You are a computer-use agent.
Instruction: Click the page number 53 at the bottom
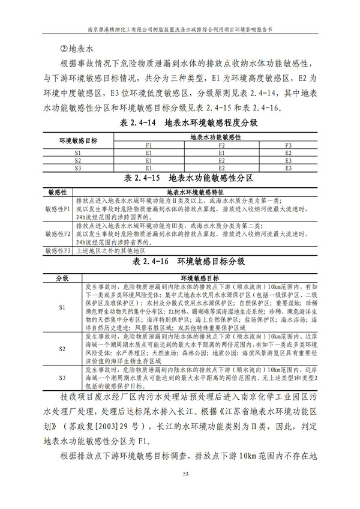coord(180,492)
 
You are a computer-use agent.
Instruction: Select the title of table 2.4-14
coord(180,123)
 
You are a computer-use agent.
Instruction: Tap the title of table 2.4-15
coord(180,178)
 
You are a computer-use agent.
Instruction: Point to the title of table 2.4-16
coord(180,262)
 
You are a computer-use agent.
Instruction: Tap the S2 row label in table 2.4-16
coord(62,349)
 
